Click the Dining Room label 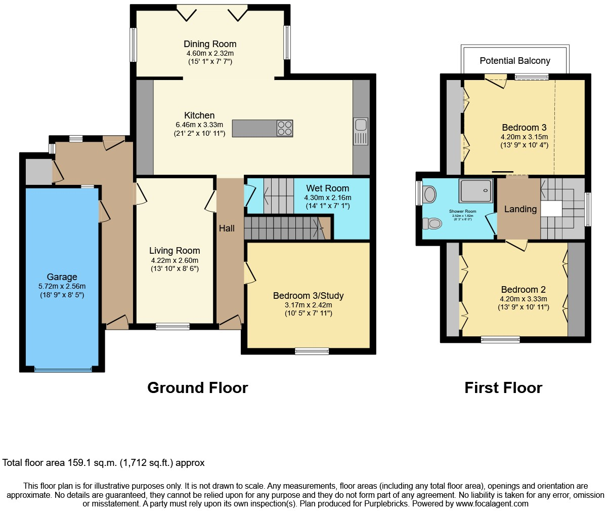click(x=210, y=44)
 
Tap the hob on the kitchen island click(x=284, y=128)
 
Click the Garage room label click(x=62, y=277)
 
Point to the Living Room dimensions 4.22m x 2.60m click(x=175, y=260)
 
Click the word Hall click(x=227, y=228)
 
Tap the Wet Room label click(x=327, y=188)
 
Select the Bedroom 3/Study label click(x=308, y=296)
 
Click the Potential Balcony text click(x=514, y=61)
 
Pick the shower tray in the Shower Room click(x=475, y=190)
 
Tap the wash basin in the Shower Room click(x=430, y=194)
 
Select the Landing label click(x=520, y=209)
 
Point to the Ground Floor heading click(x=197, y=387)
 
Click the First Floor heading click(x=503, y=387)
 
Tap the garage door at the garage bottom click(x=63, y=370)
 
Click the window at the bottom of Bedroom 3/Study click(x=312, y=351)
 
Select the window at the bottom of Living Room click(x=172, y=327)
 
